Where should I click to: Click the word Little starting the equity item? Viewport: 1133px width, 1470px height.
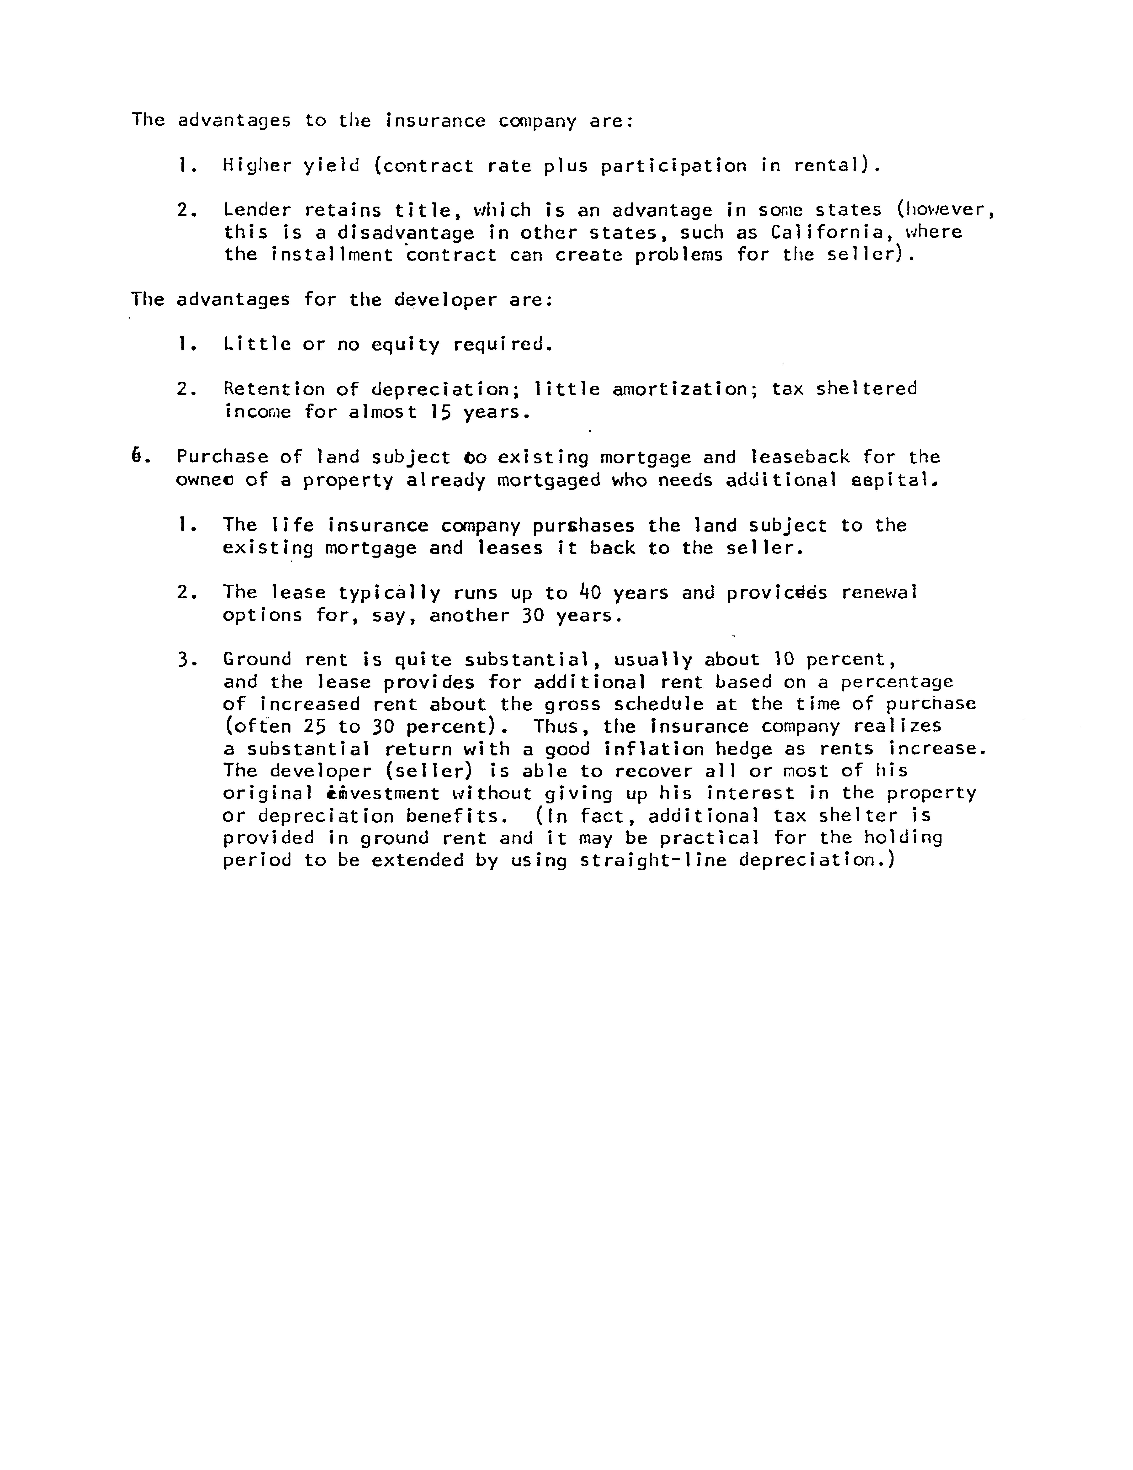[x=257, y=345]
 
